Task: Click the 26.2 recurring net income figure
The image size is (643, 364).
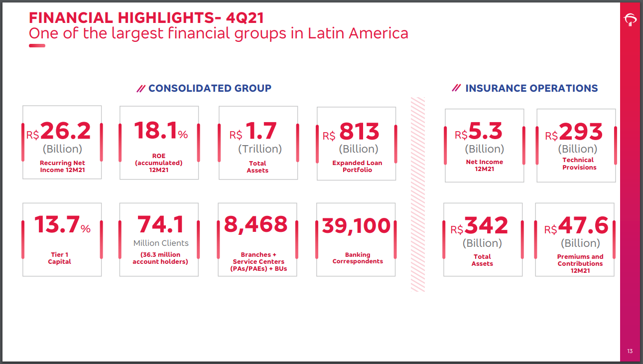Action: [65, 131]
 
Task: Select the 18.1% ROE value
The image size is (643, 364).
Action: [156, 131]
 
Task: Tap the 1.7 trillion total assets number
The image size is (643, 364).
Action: [261, 132]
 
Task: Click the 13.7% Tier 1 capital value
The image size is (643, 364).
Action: [57, 224]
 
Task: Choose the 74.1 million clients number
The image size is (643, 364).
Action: [161, 224]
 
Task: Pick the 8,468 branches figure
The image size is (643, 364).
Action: [256, 224]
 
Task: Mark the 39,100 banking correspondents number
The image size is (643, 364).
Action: [356, 226]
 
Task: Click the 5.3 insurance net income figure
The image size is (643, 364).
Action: [486, 132]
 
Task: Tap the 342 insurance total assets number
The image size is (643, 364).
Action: [486, 226]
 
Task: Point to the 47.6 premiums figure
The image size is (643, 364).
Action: [583, 226]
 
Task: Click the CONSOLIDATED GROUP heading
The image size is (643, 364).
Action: [210, 88]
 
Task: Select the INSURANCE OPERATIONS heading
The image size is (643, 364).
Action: [531, 88]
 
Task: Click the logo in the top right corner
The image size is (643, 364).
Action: [630, 19]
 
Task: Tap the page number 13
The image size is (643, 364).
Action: [630, 352]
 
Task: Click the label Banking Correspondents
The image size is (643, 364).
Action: [358, 258]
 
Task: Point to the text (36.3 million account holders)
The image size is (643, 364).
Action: [160, 258]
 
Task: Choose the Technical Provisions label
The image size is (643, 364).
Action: [579, 164]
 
